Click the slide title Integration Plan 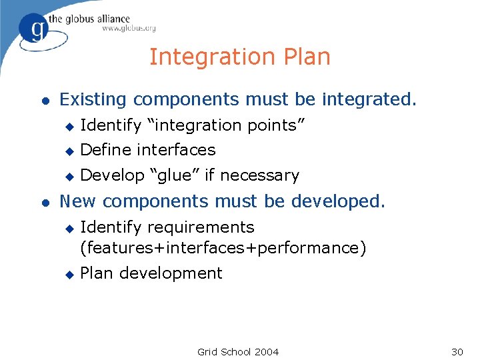[239, 57]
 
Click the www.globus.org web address [129, 29]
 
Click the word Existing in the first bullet [93, 100]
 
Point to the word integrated [369, 100]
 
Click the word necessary [259, 176]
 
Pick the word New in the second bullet [78, 201]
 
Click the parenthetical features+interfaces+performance [223, 248]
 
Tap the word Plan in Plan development [95, 273]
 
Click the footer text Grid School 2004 [238, 351]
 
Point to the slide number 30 [457, 351]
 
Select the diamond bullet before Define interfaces [67, 151]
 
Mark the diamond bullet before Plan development [67, 274]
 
